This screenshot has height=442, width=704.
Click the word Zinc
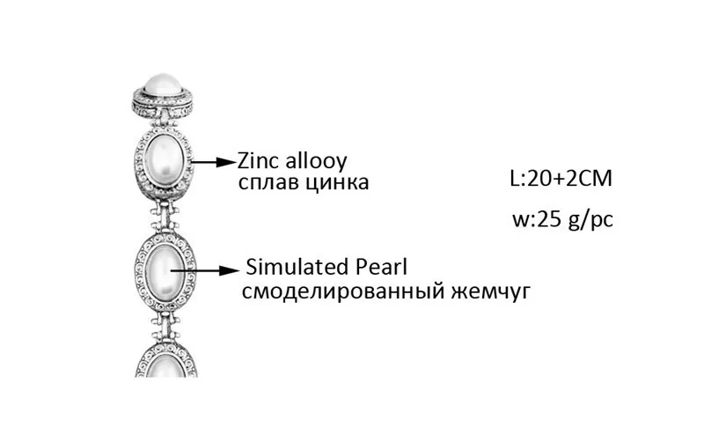(259, 162)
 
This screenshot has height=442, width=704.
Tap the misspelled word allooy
(315, 162)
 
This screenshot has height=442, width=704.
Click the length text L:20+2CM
(560, 180)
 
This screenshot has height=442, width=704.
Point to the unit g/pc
(590, 220)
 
